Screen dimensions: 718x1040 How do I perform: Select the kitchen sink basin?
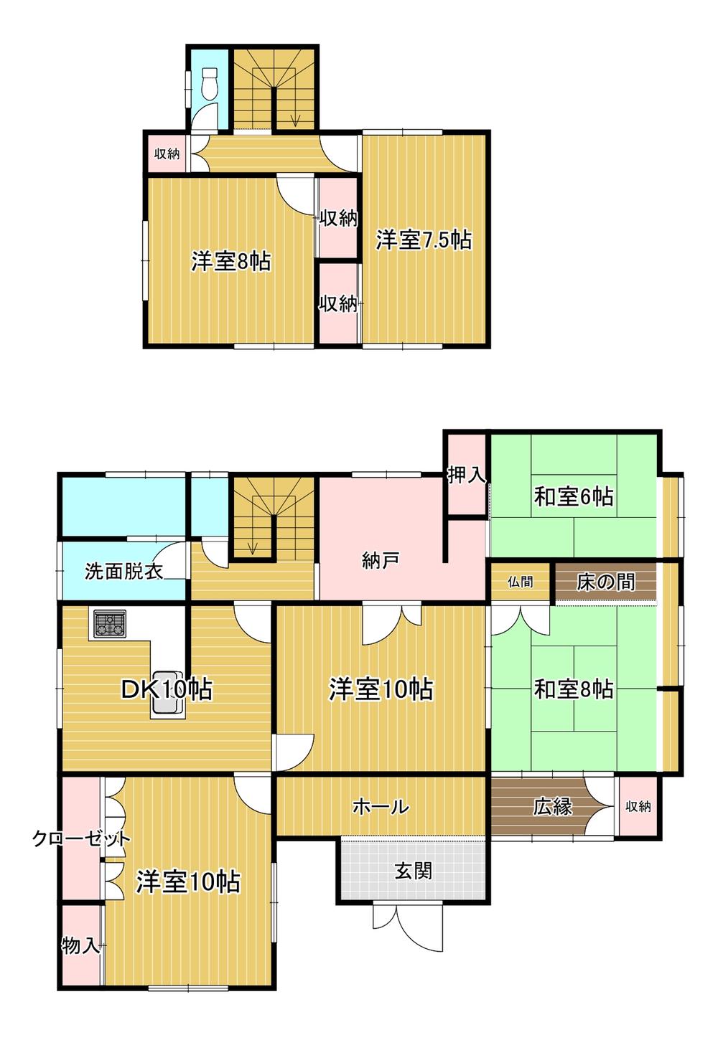pos(167,692)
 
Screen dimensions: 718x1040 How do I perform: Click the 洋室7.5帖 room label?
pos(424,240)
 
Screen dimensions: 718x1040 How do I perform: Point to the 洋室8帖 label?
pos(231,261)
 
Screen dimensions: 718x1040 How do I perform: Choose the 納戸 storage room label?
pos(380,561)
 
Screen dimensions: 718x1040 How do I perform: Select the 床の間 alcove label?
pos(605,582)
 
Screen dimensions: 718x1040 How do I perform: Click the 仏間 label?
pos(520,582)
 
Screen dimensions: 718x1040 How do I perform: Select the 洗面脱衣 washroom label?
pos(123,571)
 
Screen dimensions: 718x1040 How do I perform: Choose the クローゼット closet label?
pos(81,838)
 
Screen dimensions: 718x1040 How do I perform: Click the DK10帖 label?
pos(167,689)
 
